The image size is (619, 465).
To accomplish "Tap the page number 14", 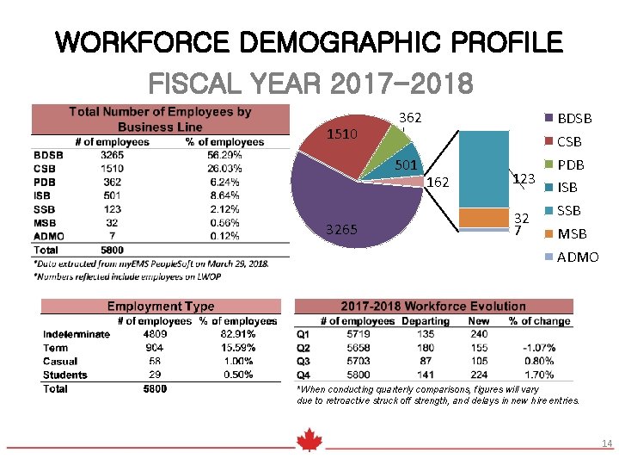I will (607, 443).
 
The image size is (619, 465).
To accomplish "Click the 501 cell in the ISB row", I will (112, 196).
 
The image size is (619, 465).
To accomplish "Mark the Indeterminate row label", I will (77, 334).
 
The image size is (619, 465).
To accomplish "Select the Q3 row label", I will (303, 362).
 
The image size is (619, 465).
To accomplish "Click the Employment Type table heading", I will (161, 307).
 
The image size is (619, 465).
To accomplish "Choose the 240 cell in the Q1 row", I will (479, 334).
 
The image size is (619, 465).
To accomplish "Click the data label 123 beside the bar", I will (524, 179).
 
